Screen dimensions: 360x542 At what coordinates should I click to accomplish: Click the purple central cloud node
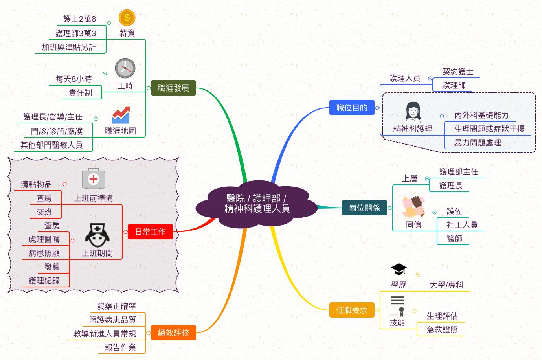(x=257, y=204)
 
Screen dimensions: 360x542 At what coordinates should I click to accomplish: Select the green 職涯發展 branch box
(x=173, y=88)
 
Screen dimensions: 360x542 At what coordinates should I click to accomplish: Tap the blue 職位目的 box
(x=352, y=108)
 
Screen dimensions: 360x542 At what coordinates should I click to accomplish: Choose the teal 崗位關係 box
(x=364, y=208)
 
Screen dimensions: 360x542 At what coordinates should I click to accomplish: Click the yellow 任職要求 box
(x=352, y=310)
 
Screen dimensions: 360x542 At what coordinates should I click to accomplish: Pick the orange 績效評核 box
(x=173, y=333)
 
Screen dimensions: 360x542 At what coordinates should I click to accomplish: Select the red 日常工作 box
(x=150, y=232)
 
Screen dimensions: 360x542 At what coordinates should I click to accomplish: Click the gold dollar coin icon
(x=127, y=18)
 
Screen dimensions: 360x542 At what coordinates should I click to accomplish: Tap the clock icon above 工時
(x=125, y=68)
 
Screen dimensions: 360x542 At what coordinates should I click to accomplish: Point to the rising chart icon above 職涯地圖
(x=121, y=115)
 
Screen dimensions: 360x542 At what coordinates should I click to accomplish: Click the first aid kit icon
(x=93, y=179)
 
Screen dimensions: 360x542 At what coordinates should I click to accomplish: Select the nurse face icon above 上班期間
(x=97, y=235)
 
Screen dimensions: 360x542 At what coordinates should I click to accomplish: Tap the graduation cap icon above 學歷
(x=399, y=269)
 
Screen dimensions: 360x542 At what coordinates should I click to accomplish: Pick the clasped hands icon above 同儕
(x=413, y=207)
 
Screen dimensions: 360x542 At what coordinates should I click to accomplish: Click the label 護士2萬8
(x=80, y=19)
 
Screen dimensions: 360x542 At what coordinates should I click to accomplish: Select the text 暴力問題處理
(x=478, y=143)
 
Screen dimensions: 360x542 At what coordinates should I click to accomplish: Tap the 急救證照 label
(x=442, y=330)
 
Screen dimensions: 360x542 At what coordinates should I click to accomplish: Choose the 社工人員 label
(x=462, y=225)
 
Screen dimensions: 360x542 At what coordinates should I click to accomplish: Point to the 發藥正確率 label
(x=116, y=306)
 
